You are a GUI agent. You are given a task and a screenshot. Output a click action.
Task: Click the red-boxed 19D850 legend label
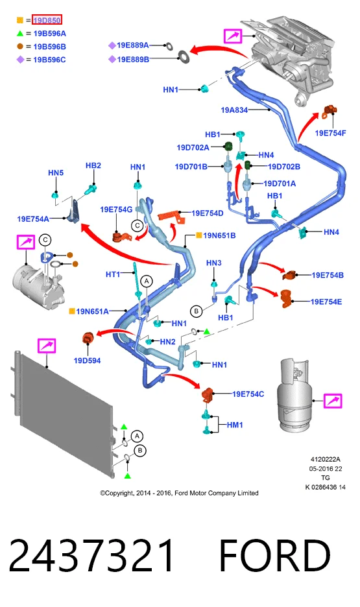coord(47,20)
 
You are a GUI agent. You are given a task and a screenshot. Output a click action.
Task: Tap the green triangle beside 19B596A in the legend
coord(20,34)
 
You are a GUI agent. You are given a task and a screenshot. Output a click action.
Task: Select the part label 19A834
coord(234,110)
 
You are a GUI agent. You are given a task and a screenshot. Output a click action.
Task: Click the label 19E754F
coord(330,133)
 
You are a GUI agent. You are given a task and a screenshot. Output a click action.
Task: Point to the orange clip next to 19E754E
coord(287,298)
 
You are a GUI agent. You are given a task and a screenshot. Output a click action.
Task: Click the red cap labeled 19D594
coord(88,339)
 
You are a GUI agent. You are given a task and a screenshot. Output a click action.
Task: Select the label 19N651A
coord(92,311)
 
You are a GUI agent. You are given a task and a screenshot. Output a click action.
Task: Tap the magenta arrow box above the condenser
coord(47,346)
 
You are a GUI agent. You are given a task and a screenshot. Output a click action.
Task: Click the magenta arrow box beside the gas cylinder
coord(333,401)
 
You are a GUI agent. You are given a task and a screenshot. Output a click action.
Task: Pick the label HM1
coord(235,425)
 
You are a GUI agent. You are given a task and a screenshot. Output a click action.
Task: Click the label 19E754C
coord(248,394)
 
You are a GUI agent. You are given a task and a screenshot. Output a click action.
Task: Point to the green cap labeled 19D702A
coord(228,146)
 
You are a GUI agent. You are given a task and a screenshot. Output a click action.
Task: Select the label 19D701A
coord(280,184)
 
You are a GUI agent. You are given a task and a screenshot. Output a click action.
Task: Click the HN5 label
coord(56,173)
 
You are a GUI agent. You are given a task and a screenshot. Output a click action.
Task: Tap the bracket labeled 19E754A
coord(74,211)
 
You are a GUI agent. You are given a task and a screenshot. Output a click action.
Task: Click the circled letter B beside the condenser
coord(140,451)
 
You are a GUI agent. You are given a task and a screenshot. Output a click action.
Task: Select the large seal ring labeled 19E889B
coord(184,57)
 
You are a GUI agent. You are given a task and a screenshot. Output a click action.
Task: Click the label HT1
coord(113,274)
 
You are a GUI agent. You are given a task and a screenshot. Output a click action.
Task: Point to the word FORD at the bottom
coord(275,556)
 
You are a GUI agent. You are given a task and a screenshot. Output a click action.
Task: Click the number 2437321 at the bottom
coord(91,556)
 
